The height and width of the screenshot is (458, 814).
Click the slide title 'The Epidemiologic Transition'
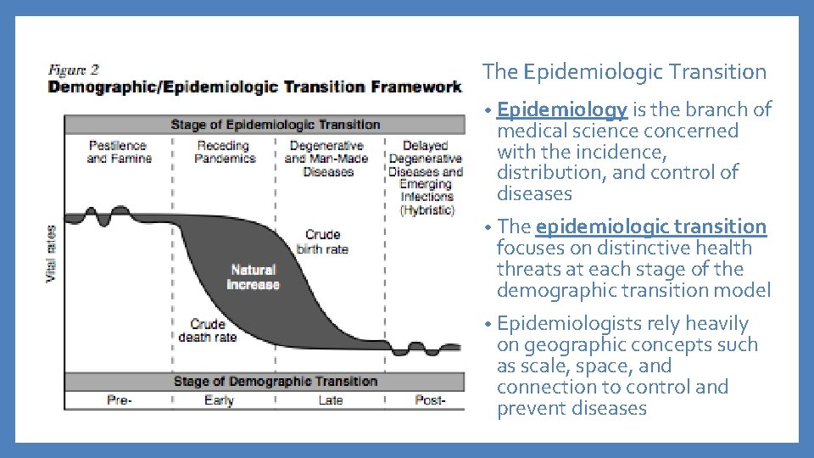point(624,73)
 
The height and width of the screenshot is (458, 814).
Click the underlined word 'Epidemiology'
point(561,109)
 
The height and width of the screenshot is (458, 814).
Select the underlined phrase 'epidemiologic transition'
point(650,226)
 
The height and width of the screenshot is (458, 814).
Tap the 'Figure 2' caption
point(73,70)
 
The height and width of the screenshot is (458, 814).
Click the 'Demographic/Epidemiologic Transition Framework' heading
point(254,87)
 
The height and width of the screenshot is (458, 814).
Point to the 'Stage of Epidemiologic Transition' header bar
point(275,125)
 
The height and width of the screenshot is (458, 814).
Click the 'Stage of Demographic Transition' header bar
point(275,382)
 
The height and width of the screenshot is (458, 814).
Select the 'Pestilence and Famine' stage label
point(118,152)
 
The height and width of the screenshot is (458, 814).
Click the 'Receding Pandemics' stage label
point(225,152)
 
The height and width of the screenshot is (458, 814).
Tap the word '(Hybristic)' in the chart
point(427,209)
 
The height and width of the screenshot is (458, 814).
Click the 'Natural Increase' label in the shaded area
point(253,277)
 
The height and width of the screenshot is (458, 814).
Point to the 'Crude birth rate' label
point(322,242)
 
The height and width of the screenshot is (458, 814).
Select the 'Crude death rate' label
point(207,331)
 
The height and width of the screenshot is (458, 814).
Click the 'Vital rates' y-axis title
point(52,253)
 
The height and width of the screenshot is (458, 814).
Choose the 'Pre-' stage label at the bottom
point(119,400)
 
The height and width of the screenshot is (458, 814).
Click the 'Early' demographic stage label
point(219,400)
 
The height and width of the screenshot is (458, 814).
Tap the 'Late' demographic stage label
point(330,400)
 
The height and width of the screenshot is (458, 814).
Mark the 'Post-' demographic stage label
point(429,400)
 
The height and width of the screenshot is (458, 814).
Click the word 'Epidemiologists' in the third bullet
point(558,324)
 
